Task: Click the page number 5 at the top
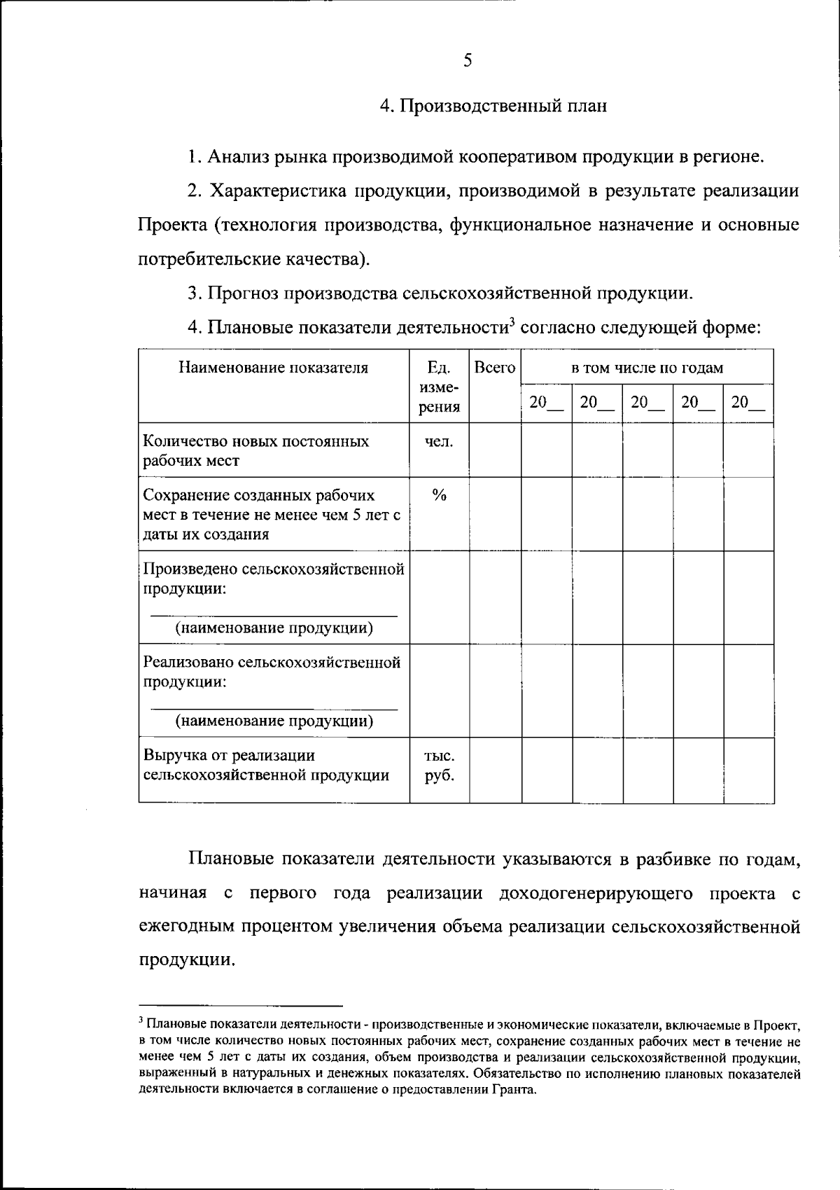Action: click(x=468, y=61)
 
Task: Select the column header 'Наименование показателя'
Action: click(x=273, y=368)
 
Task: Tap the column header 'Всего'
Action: click(x=494, y=368)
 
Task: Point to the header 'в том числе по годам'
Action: click(x=647, y=368)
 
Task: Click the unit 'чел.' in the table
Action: click(x=439, y=442)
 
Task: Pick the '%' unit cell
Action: click(x=439, y=496)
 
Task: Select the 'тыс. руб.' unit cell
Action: click(x=439, y=766)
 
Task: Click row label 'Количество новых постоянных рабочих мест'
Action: click(x=256, y=451)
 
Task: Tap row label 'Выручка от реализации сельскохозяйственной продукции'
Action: click(x=266, y=766)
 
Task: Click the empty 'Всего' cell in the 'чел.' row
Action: click(x=494, y=450)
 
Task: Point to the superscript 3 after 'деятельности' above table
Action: click(x=512, y=323)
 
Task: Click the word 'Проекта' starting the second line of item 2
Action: click(x=172, y=225)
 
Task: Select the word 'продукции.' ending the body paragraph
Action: click(x=186, y=960)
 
